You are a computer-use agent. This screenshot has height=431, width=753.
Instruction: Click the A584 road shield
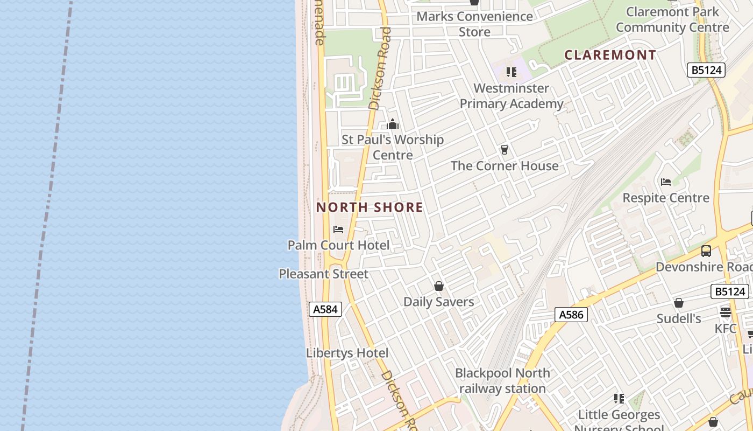click(325, 309)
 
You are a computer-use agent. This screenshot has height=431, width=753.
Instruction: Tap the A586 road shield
click(571, 315)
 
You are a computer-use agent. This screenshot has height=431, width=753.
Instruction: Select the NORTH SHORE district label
click(370, 207)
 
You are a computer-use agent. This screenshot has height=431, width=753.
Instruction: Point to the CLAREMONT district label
click(610, 55)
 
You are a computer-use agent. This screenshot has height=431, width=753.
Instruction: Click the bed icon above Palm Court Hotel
click(338, 230)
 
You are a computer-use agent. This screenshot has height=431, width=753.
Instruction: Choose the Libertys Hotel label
click(347, 353)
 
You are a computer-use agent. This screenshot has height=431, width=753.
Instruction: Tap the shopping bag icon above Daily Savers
click(439, 286)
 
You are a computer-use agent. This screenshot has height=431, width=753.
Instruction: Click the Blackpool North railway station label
click(502, 380)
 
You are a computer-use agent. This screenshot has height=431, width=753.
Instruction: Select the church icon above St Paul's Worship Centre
click(393, 124)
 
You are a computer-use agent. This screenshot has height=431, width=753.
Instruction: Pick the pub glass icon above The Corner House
click(505, 150)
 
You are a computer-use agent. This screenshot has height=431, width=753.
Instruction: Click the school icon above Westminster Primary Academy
click(512, 72)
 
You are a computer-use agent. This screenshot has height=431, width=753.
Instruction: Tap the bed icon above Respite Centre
click(666, 182)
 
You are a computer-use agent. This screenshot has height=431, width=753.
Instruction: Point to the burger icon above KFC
click(726, 312)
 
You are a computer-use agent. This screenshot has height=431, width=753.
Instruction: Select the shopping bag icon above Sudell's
click(679, 303)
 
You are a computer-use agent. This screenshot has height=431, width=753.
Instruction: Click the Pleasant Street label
click(323, 274)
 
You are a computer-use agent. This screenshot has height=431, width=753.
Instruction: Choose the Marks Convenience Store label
click(474, 24)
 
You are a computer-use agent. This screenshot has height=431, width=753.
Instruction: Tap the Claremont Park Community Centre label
click(672, 19)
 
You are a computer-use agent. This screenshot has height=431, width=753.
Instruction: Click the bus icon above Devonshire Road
click(706, 251)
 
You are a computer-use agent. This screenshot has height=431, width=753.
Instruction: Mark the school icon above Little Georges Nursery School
click(619, 399)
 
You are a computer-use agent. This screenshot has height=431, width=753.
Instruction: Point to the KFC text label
click(726, 328)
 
